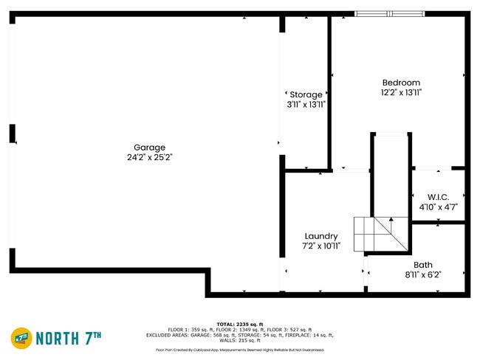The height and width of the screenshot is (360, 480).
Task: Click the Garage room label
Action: (x=149, y=148)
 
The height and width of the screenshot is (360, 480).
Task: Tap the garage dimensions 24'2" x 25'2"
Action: (x=149, y=157)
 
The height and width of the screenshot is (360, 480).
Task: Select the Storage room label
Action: (x=306, y=94)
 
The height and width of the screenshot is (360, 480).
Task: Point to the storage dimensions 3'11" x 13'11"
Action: (x=306, y=105)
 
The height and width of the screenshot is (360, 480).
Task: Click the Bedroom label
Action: (x=401, y=83)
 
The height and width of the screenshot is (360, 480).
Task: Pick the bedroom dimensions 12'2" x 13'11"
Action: (x=401, y=93)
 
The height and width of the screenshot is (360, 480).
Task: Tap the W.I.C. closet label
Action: (x=438, y=197)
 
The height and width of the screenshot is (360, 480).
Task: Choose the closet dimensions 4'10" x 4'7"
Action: (x=438, y=207)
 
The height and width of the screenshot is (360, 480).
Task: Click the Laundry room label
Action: (x=320, y=236)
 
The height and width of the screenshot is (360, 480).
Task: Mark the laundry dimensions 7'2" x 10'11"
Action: (x=320, y=246)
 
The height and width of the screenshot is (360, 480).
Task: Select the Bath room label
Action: (x=423, y=265)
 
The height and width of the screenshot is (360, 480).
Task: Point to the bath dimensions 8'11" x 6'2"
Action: (x=423, y=275)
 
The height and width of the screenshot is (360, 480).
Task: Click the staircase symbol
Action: (x=381, y=234)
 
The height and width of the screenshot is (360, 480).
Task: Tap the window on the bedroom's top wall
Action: (x=389, y=13)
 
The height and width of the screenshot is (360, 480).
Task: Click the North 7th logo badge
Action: (x=21, y=339)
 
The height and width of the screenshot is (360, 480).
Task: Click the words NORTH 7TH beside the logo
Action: (x=68, y=339)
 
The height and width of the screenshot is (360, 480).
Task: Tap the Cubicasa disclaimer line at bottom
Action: (x=240, y=350)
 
